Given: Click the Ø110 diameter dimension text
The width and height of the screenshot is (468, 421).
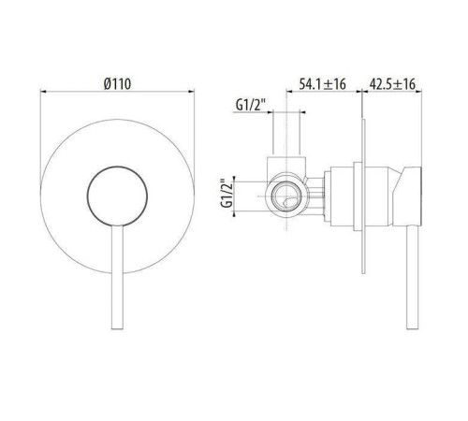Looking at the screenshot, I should (118, 83).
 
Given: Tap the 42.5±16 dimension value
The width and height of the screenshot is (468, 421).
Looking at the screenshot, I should (393, 83).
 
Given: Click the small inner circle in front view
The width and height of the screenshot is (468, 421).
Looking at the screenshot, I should (117, 199).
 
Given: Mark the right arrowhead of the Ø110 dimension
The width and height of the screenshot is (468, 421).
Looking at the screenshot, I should (193, 92).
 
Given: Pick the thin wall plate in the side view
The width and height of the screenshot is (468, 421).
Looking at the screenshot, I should (361, 196).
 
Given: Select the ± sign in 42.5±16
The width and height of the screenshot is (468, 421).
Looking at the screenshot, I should (401, 83).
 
